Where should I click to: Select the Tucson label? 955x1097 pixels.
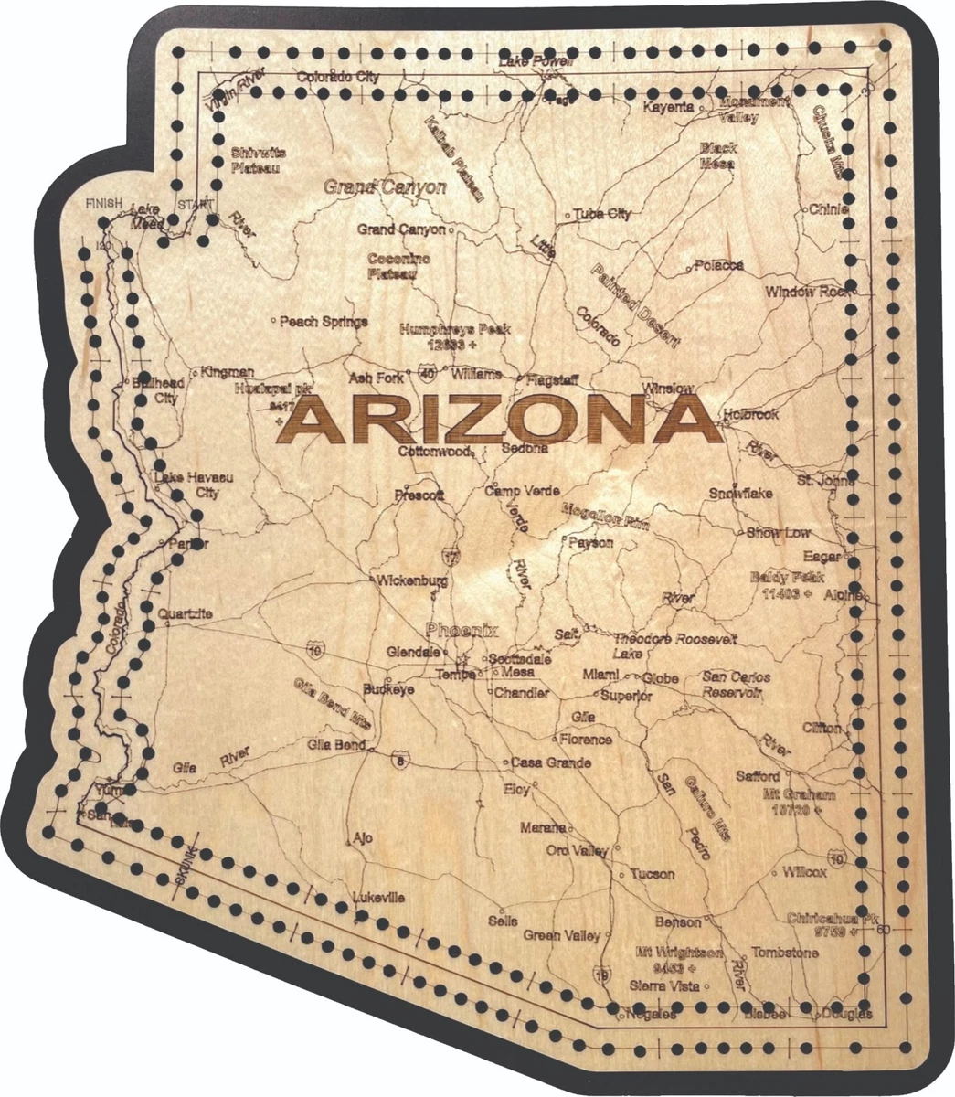click(x=653, y=874)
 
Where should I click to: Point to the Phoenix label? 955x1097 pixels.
click(x=462, y=630)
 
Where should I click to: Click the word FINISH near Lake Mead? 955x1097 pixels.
click(x=103, y=203)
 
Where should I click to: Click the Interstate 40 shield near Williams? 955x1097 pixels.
click(x=429, y=372)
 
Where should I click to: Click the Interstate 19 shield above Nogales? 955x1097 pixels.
click(x=601, y=975)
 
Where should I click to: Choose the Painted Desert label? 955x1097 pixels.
click(x=635, y=306)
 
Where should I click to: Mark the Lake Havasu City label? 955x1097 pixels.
click(x=188, y=485)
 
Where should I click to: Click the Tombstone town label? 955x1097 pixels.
click(x=785, y=953)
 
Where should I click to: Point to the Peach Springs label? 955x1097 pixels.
click(x=324, y=321)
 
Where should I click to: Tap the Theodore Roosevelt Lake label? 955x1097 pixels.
click(x=674, y=645)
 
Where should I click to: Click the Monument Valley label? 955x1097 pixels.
click(x=745, y=110)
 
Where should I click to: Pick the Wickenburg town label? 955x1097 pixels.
click(x=412, y=580)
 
